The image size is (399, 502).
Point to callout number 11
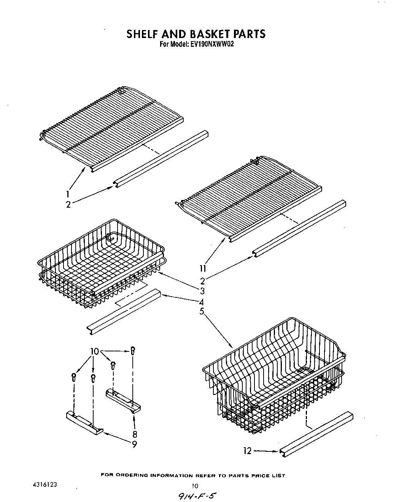[x=203, y=268]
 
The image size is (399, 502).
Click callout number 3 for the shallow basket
[x=202, y=291]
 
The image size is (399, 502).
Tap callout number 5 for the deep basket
[x=202, y=311]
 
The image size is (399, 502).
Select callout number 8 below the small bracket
[x=135, y=434]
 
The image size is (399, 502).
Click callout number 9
[x=134, y=444]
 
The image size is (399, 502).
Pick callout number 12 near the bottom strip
[x=248, y=451]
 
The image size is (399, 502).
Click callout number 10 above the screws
[x=94, y=351]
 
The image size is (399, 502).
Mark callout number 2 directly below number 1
[x=68, y=204]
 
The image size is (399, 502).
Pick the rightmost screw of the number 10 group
[x=132, y=350]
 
